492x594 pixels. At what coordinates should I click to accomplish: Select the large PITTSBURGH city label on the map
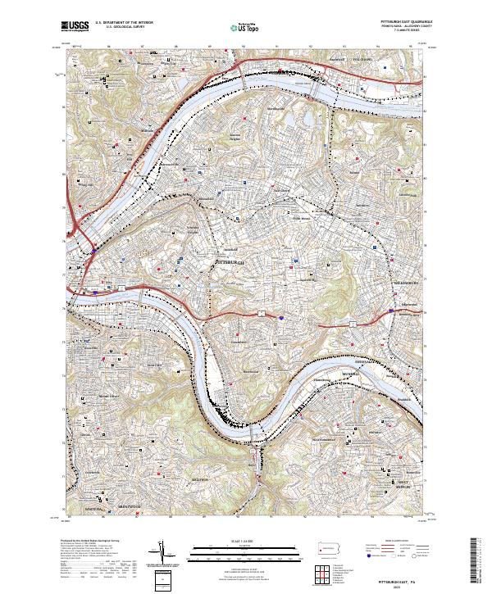tap(230, 261)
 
